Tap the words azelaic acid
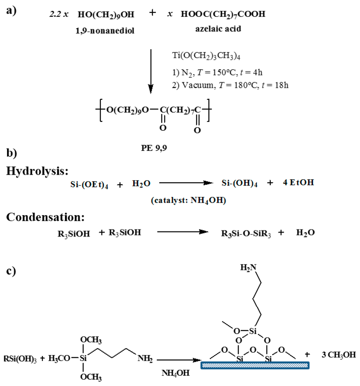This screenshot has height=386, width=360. click(218, 29)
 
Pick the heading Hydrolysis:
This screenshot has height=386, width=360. click(37, 171)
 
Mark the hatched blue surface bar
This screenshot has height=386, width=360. click(255, 365)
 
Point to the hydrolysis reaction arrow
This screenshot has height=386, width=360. click(186, 183)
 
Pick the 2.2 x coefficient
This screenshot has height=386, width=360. click(59, 15)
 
